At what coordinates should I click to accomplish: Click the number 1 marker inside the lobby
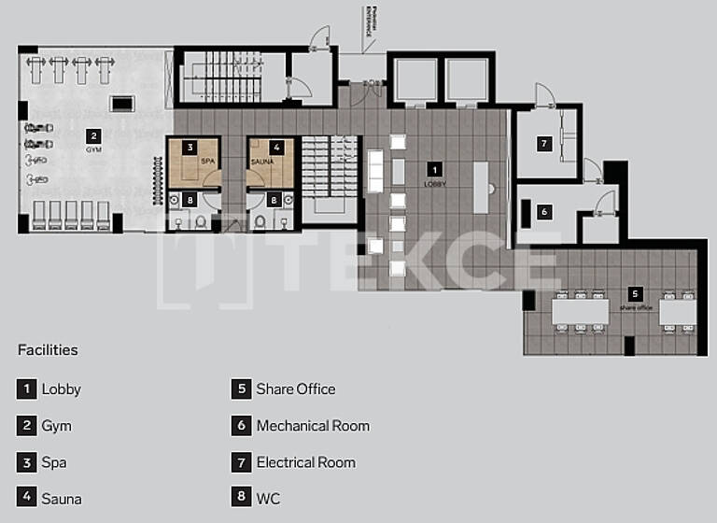point(434,169)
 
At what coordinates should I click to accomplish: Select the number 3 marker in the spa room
point(190,148)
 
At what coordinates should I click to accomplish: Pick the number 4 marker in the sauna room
point(276,148)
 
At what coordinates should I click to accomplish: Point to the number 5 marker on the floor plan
point(635,293)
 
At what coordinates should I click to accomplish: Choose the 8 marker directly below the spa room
point(190,199)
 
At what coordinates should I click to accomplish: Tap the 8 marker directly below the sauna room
point(273,199)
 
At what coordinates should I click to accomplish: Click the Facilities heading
point(48,350)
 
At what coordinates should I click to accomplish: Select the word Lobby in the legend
point(62,389)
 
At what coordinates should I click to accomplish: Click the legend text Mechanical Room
point(313,426)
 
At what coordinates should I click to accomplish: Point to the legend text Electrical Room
point(305,462)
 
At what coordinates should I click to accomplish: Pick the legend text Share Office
point(296,389)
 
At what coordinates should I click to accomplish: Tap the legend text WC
point(268,499)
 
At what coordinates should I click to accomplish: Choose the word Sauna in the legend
point(62,499)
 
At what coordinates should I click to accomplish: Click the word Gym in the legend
point(56,426)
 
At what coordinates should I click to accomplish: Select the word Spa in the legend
point(54,462)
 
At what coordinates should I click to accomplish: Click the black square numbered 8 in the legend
point(241,499)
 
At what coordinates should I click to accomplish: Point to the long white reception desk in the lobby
point(481,186)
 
